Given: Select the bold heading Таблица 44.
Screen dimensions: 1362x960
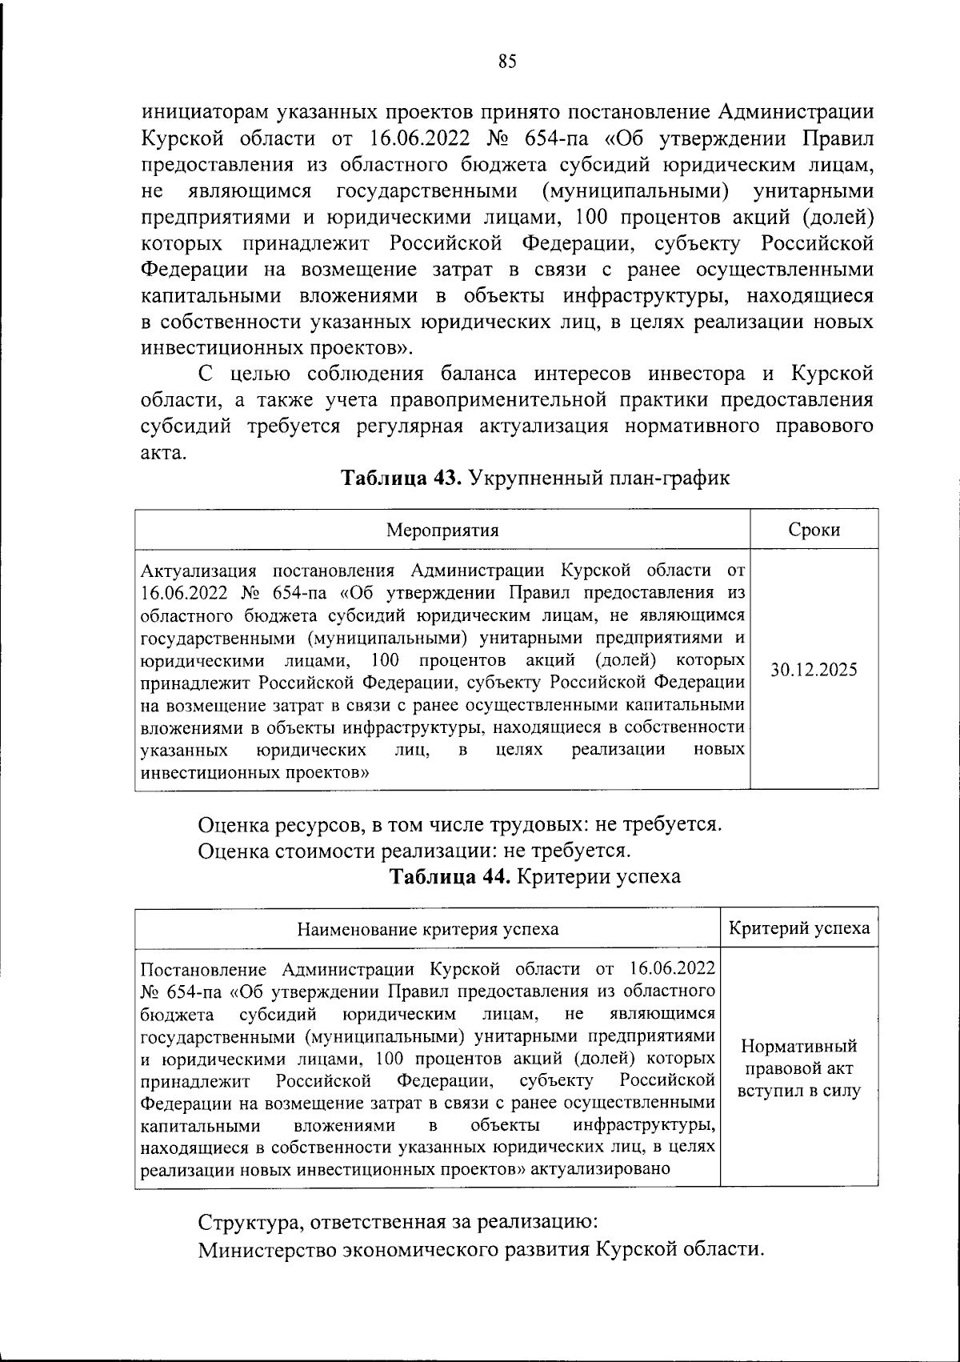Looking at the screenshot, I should pos(449,876).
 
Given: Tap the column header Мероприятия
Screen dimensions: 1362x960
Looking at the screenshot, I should pos(442,531).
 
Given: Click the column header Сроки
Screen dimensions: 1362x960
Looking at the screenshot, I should pos(814,531).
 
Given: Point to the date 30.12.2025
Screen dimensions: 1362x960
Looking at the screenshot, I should pos(814,671).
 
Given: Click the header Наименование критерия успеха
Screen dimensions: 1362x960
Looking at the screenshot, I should pos(428,929).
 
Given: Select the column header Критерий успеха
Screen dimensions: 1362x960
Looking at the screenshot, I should pos(799,928).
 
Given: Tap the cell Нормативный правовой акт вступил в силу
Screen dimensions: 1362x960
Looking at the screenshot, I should pos(799,1068).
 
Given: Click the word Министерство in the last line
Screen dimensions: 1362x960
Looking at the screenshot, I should pos(264,1250).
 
